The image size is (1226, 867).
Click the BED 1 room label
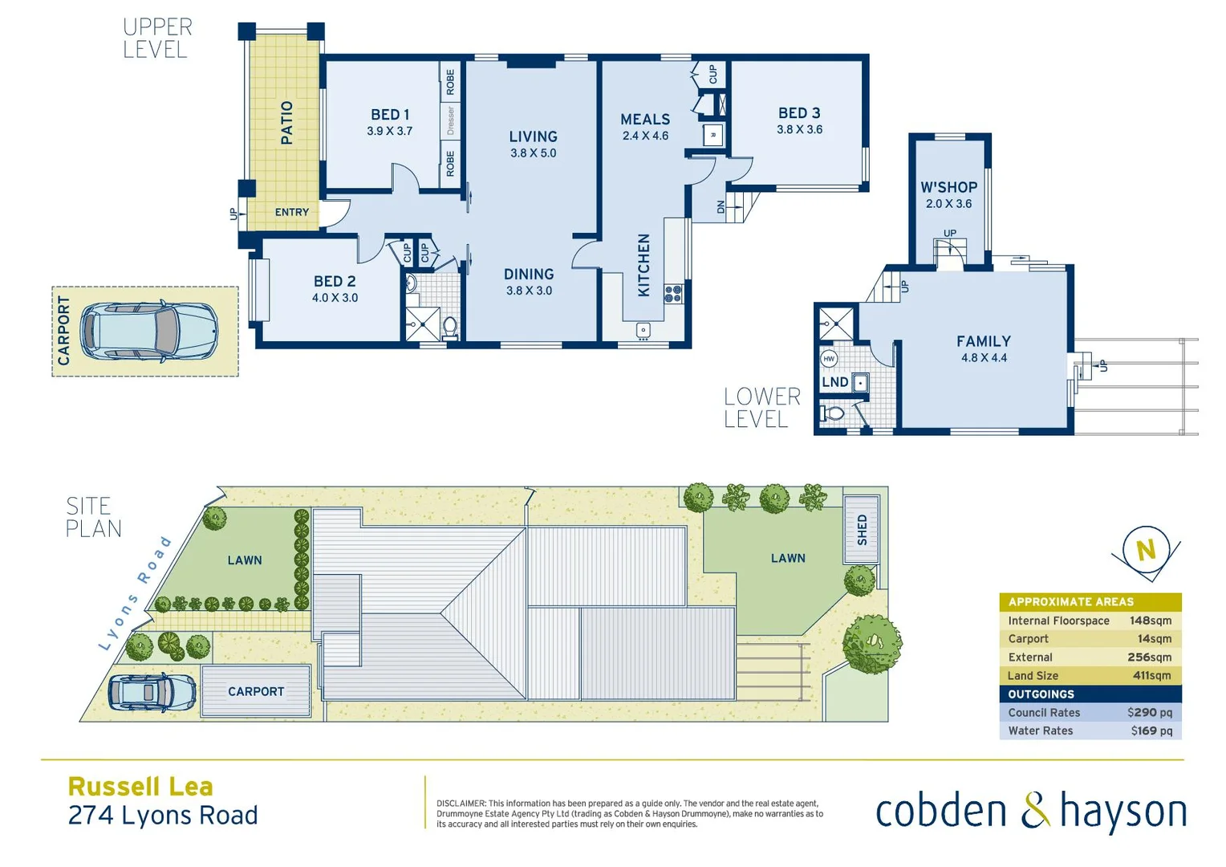coord(390,115)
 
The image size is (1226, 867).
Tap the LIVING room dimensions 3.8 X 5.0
coord(533,153)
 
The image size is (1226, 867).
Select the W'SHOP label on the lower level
coord(948,187)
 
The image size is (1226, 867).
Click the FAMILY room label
coord(983,341)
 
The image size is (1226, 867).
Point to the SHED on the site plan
coord(862,530)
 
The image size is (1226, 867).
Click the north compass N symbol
coord(1146,551)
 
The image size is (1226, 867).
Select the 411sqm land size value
coord(1151,676)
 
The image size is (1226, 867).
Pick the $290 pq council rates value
coord(1149,713)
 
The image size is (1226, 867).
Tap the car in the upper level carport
coord(149,331)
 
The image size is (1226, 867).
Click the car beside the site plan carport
coord(152,692)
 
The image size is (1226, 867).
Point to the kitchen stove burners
coord(672,294)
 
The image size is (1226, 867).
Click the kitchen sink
coord(643,330)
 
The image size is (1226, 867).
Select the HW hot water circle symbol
coord(829,359)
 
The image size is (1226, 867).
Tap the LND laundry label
coord(834,382)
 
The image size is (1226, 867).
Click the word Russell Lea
coord(140,787)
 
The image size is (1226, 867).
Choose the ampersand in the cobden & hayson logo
coord(1035,811)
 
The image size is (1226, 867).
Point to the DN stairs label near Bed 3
coord(721,207)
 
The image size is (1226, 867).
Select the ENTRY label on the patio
coord(291,213)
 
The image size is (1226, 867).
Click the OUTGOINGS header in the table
coord(1041,694)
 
